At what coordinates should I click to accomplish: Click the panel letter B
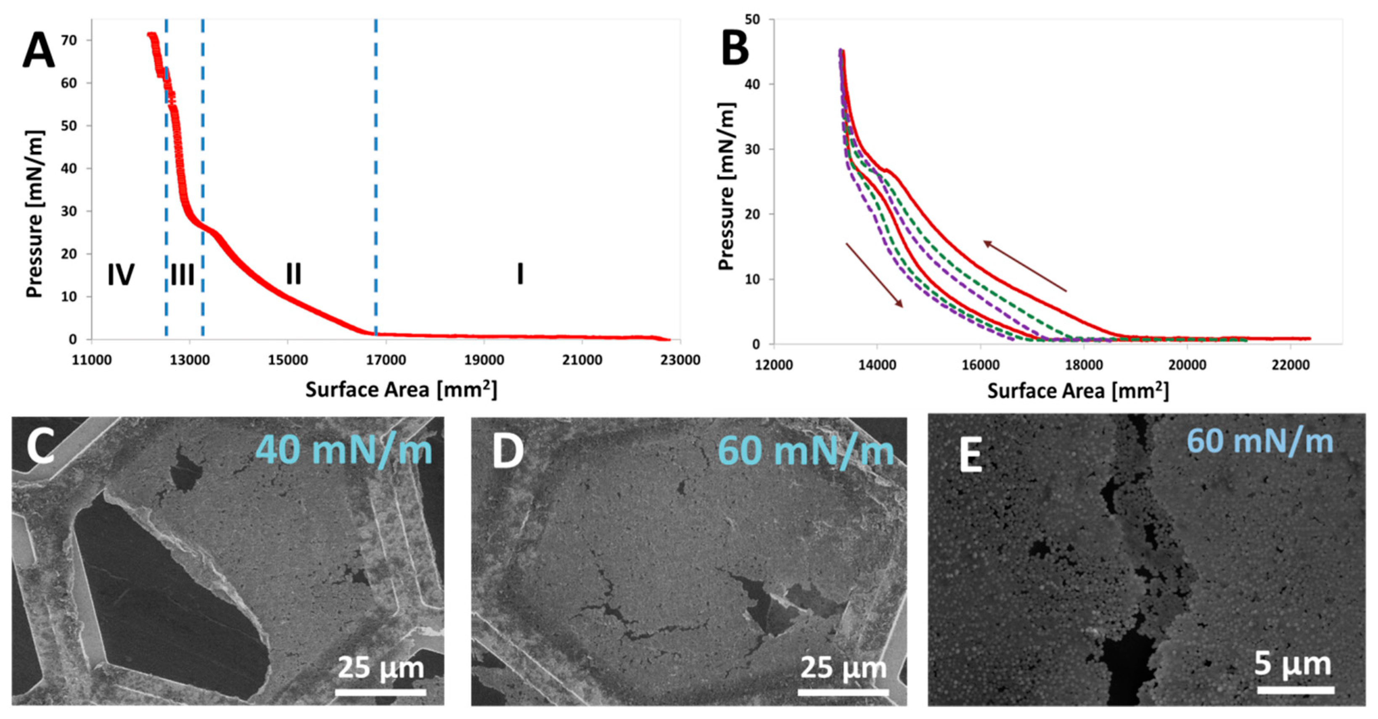click(735, 47)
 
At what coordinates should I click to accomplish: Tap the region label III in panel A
click(182, 275)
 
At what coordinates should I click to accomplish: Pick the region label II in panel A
click(294, 274)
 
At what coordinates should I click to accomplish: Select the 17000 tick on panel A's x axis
click(386, 360)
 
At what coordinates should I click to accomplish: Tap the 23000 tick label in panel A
click(680, 360)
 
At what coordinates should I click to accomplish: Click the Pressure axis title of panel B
click(727, 186)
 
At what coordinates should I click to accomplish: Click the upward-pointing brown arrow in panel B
click(1025, 267)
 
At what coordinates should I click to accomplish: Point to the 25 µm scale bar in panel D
click(844, 692)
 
